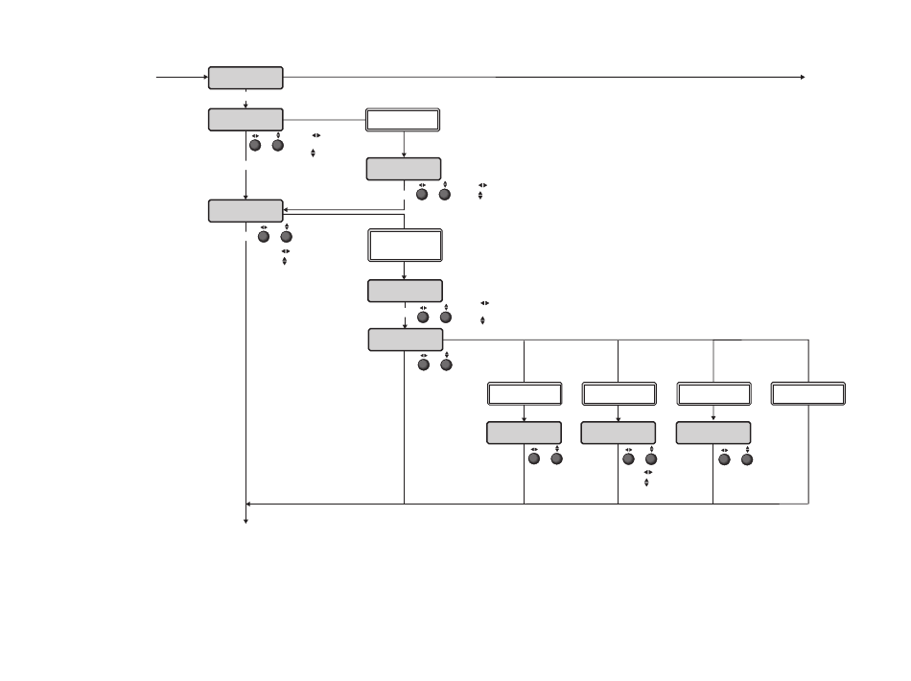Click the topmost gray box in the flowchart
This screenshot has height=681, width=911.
point(245,78)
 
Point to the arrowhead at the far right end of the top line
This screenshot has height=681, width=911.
point(802,77)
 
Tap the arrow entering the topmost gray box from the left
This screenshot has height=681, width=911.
point(203,77)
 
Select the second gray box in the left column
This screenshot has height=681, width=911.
point(245,120)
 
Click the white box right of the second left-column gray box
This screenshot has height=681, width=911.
point(403,120)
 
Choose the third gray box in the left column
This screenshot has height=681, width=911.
point(245,211)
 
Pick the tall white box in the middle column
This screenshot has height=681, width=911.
point(405,245)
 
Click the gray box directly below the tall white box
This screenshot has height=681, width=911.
point(405,291)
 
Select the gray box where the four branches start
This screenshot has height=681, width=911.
point(406,340)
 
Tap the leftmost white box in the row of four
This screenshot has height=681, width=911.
point(525,393)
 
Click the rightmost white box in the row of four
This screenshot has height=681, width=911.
point(808,393)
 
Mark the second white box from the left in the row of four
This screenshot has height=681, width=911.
point(619,393)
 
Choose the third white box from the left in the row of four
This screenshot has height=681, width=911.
point(713,393)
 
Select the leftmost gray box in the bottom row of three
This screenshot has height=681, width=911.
point(524,433)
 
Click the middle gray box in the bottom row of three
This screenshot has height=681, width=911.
point(619,433)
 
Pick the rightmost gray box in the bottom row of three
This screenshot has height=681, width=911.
point(713,433)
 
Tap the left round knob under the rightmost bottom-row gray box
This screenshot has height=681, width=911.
point(724,459)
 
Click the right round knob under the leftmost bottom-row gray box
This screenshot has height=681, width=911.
point(556,459)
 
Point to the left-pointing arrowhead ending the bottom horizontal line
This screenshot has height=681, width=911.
point(249,503)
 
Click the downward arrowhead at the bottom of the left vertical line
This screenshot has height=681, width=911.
point(246,521)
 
